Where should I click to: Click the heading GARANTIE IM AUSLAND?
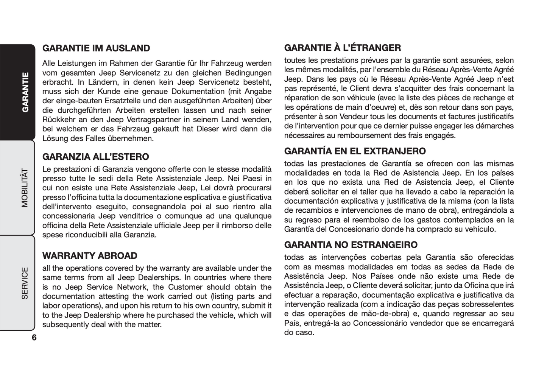(96, 48)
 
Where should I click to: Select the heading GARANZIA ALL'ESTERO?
(96, 157)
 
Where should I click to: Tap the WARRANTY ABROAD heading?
(90, 256)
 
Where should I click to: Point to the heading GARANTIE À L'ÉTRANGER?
(343, 48)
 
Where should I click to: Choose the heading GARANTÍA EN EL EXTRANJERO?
(355, 151)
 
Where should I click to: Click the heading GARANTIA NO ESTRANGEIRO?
(351, 245)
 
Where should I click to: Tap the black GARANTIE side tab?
(25, 92)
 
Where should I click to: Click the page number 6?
(34, 338)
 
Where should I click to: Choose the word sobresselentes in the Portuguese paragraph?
(488, 304)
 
